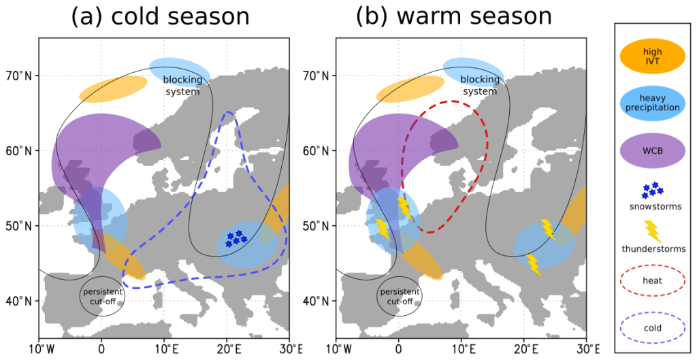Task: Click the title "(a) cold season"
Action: (x=160, y=17)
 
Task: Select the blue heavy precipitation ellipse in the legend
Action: (x=652, y=103)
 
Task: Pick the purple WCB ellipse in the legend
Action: (x=652, y=150)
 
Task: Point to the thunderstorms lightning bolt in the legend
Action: (x=652, y=231)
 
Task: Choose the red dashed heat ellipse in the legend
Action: (x=652, y=279)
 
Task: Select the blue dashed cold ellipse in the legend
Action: (x=652, y=327)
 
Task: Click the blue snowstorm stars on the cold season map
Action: (x=236, y=238)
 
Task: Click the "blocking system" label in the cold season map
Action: (x=182, y=85)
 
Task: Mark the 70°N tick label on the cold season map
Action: (x=19, y=75)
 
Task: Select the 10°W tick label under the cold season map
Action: (x=38, y=349)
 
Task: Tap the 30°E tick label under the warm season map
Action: (x=588, y=349)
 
